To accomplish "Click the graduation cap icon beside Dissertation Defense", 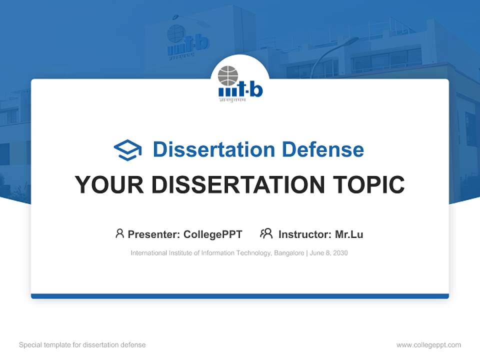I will pos(127,150).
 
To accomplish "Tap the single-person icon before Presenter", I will pos(119,233).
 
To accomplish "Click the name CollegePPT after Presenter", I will pos(213,234).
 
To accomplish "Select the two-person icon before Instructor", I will pos(266,233).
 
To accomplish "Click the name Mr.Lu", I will pos(349,234).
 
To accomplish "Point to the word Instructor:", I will pos(304,234).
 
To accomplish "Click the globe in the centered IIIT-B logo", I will pos(228,75).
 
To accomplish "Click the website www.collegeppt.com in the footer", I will pos(428,345).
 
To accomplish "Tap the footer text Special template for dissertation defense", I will pos(82,345).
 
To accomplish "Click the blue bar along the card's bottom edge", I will pos(240,296).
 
